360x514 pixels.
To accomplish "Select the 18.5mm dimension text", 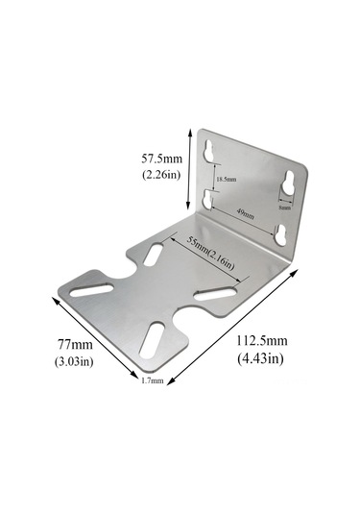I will tap(227, 181).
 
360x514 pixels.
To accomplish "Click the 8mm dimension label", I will tap(285, 206).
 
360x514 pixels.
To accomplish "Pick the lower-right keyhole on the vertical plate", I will tap(280, 232).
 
